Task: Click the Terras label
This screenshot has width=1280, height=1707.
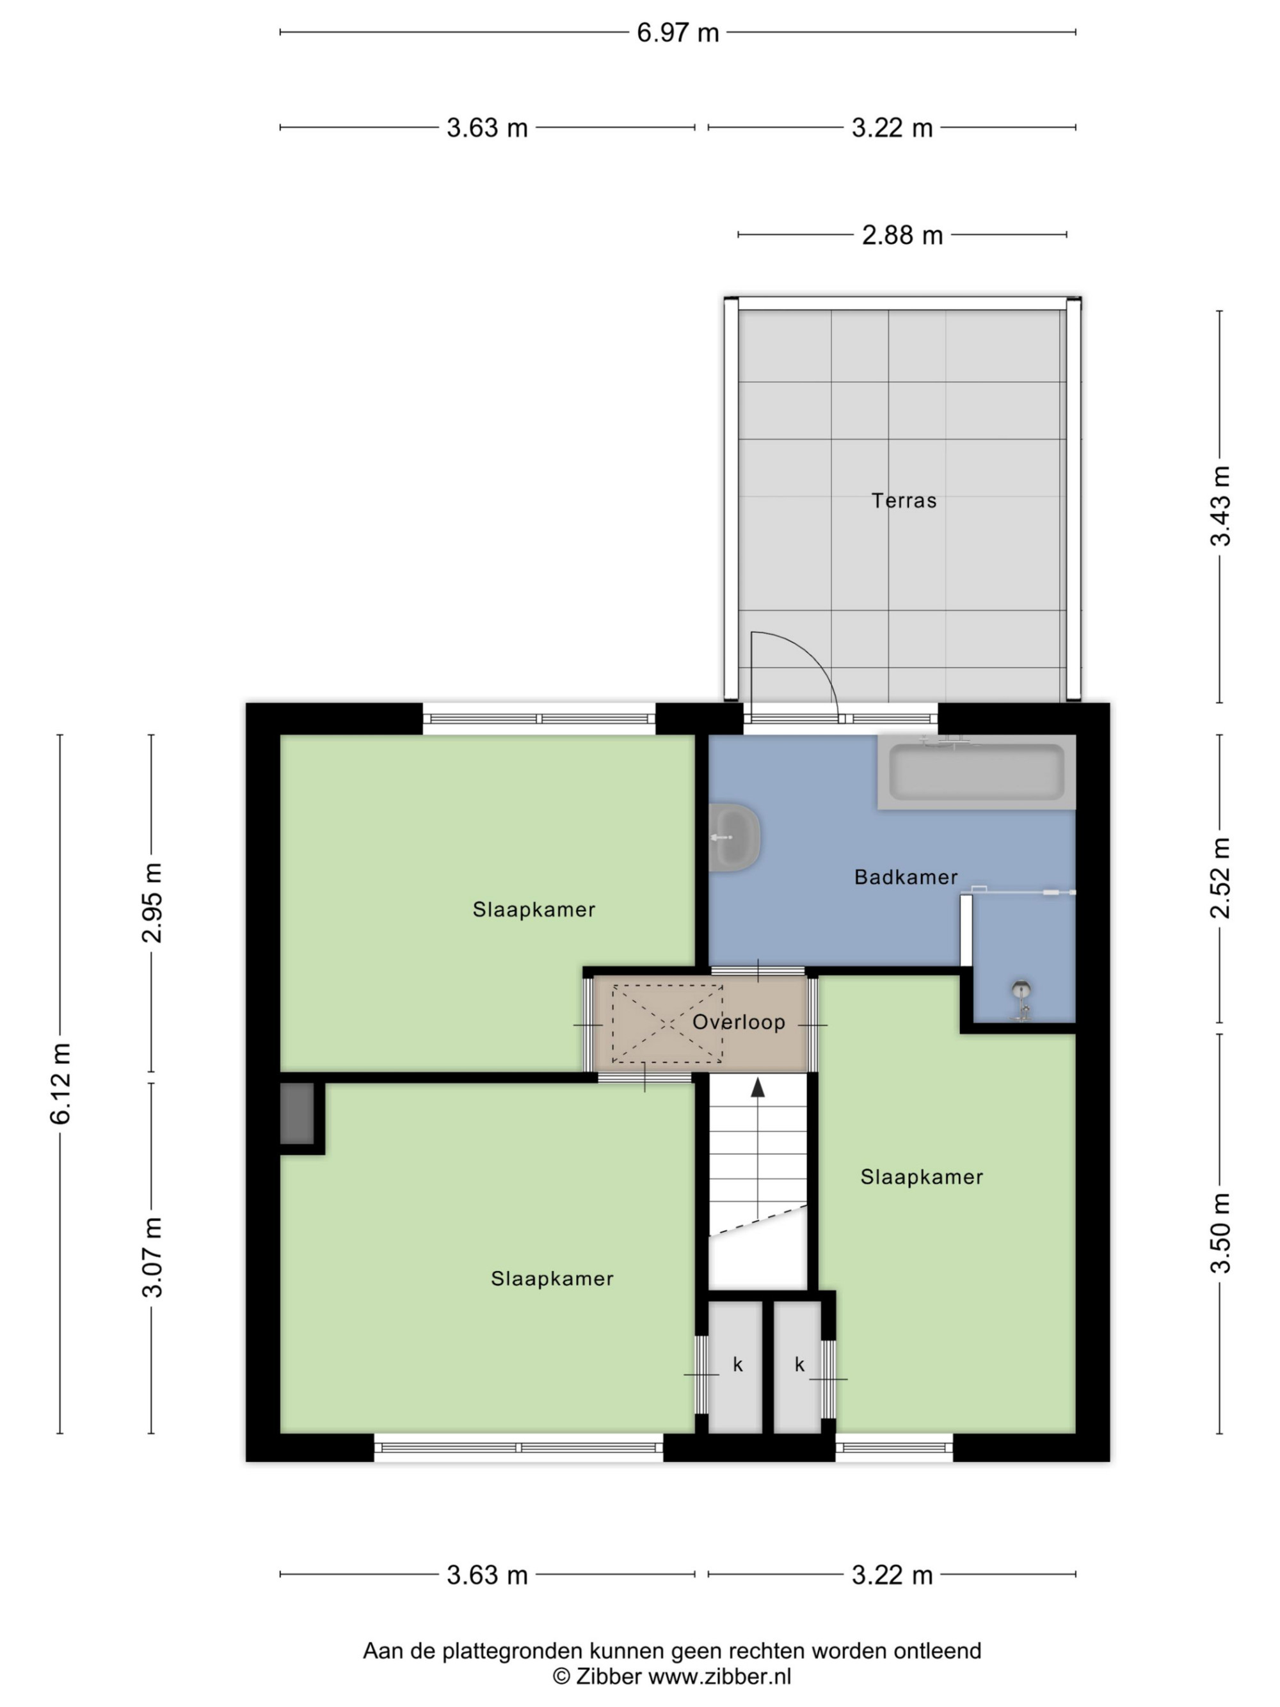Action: [904, 501]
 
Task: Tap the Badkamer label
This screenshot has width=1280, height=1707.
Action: [906, 877]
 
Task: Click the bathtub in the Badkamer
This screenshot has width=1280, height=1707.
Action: [976, 772]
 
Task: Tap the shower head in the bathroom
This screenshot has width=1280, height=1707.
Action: [1021, 990]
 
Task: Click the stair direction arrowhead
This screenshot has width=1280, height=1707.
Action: [758, 1087]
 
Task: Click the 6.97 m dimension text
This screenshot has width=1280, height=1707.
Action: [677, 33]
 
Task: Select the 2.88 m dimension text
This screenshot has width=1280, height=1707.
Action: [902, 235]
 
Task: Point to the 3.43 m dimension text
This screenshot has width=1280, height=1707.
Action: [1220, 506]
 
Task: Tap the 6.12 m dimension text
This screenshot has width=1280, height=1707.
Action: [60, 1083]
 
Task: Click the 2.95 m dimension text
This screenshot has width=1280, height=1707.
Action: [152, 903]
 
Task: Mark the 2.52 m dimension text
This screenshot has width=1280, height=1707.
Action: [1220, 878]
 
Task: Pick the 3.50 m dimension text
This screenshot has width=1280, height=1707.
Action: [1220, 1232]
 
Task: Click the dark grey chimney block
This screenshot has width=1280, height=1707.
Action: [297, 1114]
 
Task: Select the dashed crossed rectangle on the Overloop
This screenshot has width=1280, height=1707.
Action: [667, 1024]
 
